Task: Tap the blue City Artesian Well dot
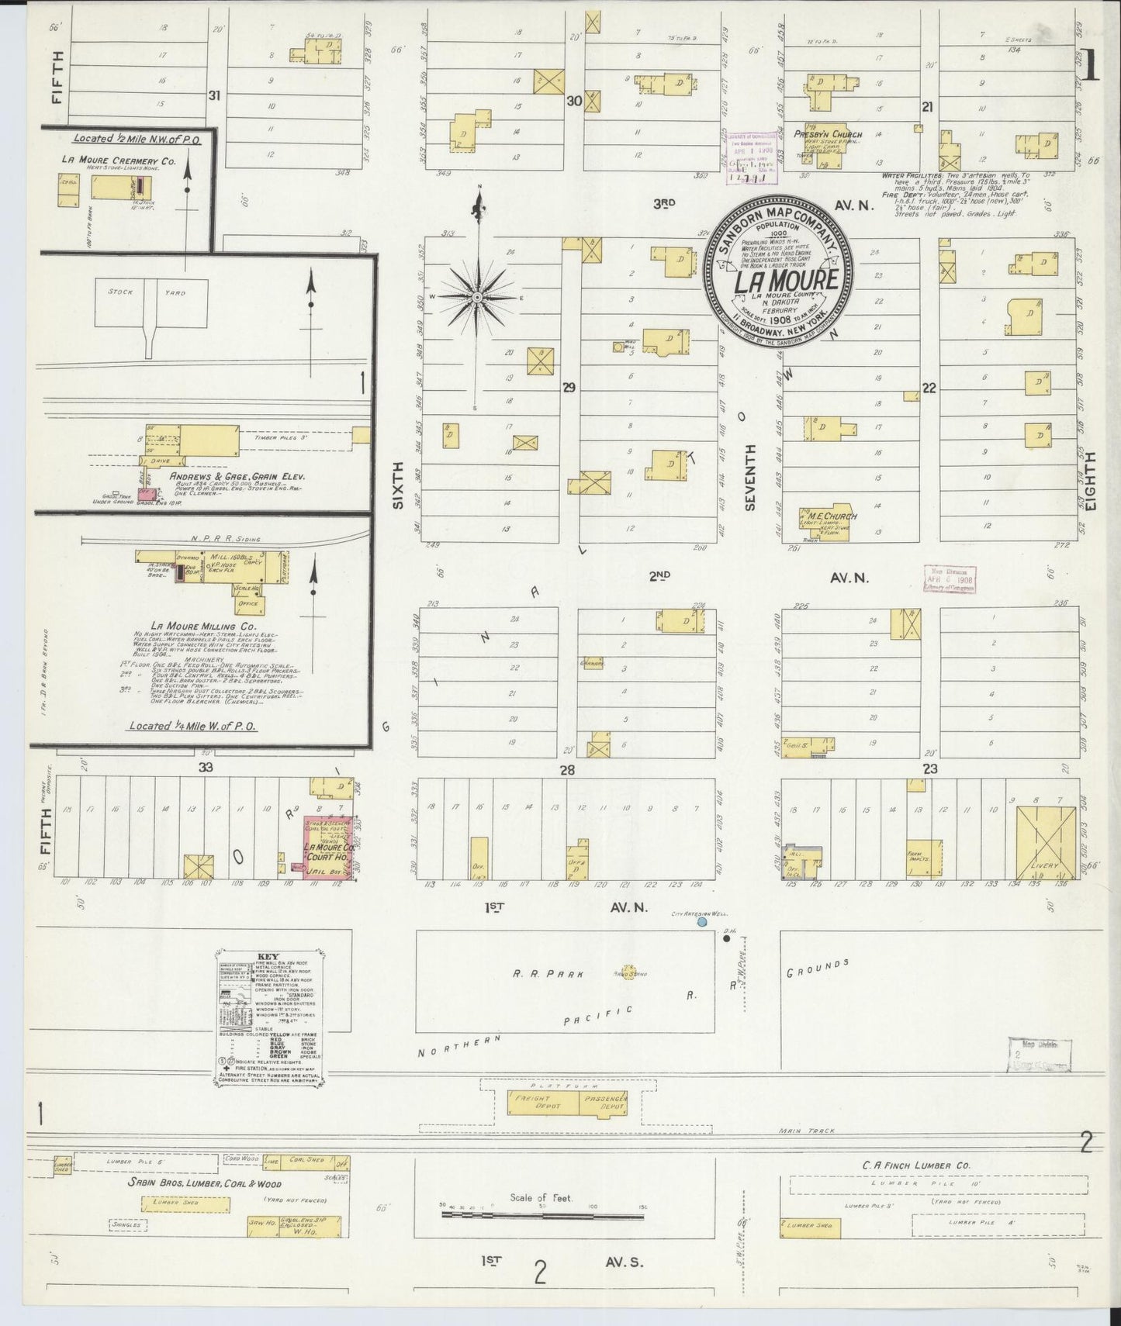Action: pyautogui.click(x=701, y=922)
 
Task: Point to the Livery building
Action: pyautogui.click(x=1046, y=841)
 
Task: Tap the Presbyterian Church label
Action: pyautogui.click(x=827, y=134)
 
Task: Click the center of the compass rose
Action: pyautogui.click(x=478, y=297)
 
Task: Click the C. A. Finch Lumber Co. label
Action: pyautogui.click(x=915, y=1165)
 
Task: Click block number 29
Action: pyautogui.click(x=569, y=388)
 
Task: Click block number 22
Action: pyautogui.click(x=929, y=388)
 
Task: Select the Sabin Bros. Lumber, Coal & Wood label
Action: pyautogui.click(x=205, y=1184)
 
